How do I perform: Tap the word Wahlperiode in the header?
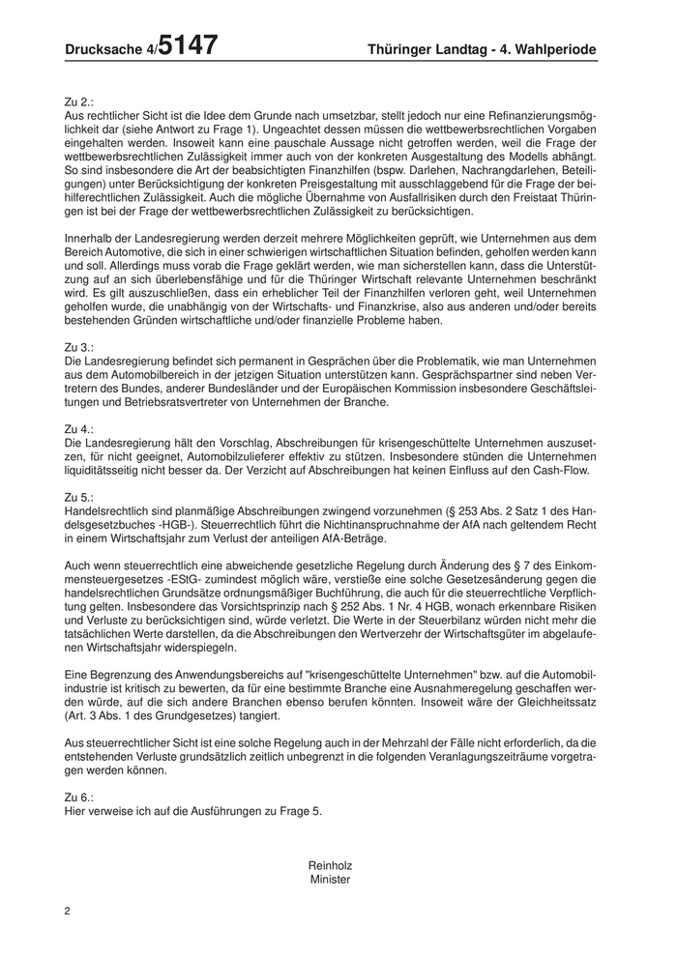[x=550, y=48]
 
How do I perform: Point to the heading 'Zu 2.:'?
[x=80, y=101]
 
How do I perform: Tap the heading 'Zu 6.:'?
[x=80, y=797]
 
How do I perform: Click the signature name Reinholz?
[x=330, y=865]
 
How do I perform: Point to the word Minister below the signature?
[x=330, y=880]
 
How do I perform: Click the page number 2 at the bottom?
[x=67, y=912]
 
